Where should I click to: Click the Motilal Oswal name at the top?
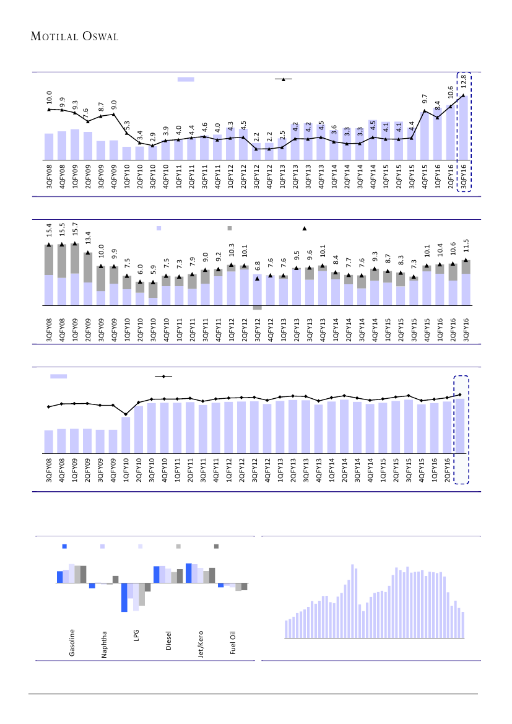click(x=74, y=37)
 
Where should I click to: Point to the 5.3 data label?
click(x=126, y=126)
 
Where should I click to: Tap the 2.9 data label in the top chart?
click(x=152, y=138)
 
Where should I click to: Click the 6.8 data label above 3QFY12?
click(x=257, y=267)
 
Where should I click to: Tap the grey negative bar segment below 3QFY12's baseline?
click(x=257, y=308)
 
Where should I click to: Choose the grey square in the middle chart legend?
click(x=230, y=229)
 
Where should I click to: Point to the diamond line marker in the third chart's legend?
click(x=163, y=376)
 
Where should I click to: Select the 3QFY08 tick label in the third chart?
click(x=49, y=471)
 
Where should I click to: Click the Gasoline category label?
click(x=72, y=643)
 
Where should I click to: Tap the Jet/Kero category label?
click(x=201, y=643)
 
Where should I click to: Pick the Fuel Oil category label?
click(x=233, y=643)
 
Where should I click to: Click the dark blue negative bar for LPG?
click(x=124, y=597)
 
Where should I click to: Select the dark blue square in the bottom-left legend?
click(x=64, y=546)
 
